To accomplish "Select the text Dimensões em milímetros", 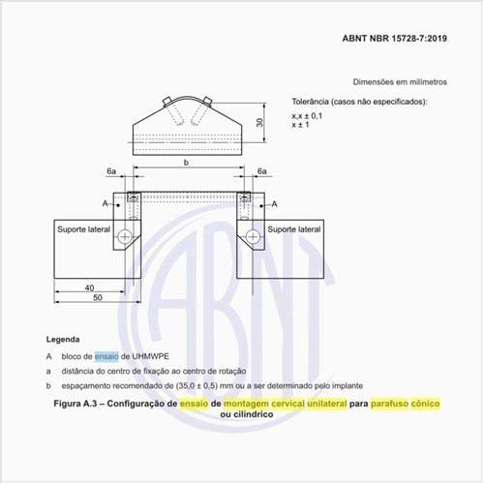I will (x=398, y=84).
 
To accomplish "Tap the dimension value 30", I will (x=260, y=123).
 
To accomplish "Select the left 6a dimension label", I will (x=112, y=171).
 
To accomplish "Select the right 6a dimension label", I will (x=262, y=171).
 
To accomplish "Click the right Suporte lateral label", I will (x=293, y=229).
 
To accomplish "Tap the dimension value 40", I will (x=88, y=287).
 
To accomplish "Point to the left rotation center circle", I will (x=125, y=236).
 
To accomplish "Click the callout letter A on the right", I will (x=274, y=204).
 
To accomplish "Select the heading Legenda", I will (x=64, y=340).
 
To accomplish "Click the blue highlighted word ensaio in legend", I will (x=107, y=355).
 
